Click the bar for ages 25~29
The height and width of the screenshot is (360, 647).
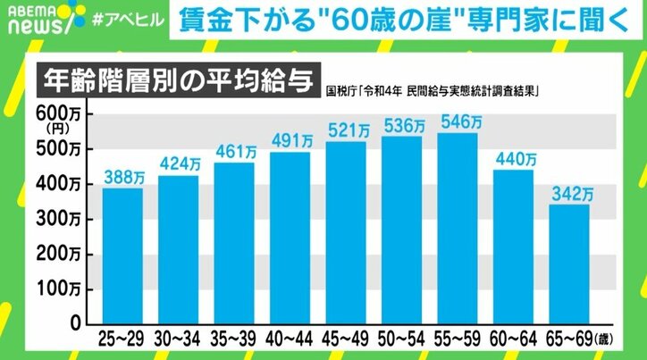(123, 255)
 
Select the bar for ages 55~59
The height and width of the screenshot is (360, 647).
(458, 228)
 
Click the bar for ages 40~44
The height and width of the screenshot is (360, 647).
(291, 238)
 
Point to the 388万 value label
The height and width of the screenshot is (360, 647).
(123, 178)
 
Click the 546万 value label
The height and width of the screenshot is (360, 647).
(458, 122)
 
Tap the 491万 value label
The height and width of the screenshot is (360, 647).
(291, 141)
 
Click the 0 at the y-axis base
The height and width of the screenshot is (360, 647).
(76, 322)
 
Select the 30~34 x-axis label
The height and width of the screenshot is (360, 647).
(179, 341)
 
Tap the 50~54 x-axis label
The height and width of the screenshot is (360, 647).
(402, 341)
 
